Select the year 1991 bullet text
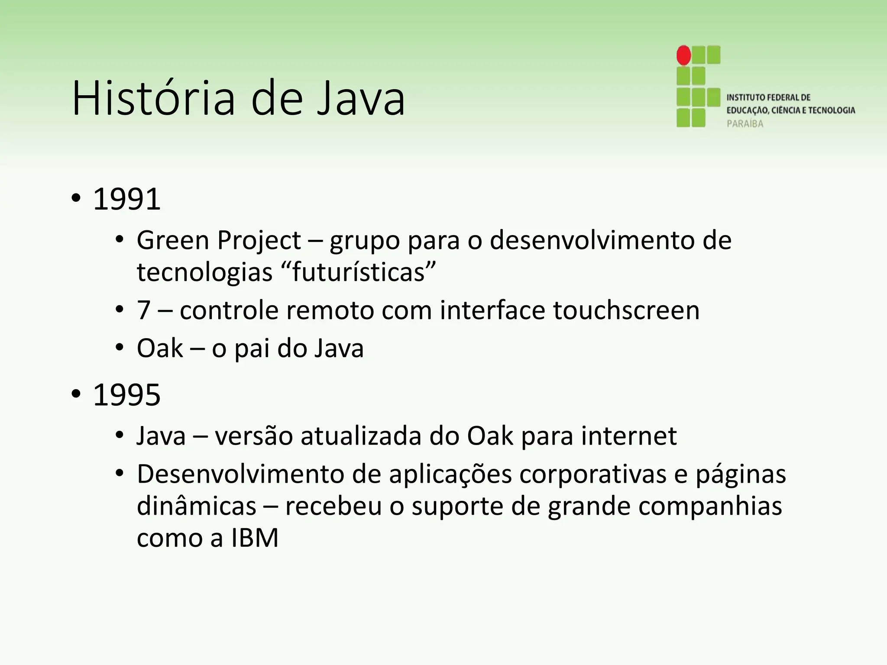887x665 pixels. click(x=127, y=199)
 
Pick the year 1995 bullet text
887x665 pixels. click(x=127, y=395)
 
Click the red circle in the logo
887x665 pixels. click(x=684, y=55)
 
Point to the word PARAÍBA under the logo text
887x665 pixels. click(x=745, y=124)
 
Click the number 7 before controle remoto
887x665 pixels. click(x=144, y=310)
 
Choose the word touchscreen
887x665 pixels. click(x=626, y=310)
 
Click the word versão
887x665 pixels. click(x=254, y=436)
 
